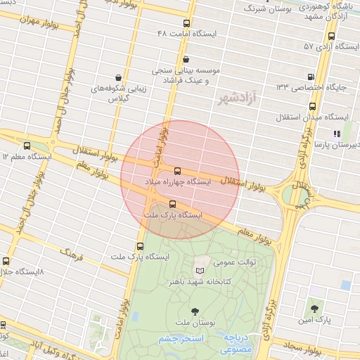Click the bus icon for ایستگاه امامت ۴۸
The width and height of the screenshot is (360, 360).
[x=186, y=24]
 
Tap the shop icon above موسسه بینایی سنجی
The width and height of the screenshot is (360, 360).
[x=186, y=60]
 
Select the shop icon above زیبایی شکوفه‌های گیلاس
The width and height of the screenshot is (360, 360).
[x=118, y=78]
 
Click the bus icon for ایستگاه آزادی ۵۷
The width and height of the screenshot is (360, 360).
[x=331, y=37]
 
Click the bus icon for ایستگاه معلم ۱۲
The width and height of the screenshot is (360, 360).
[x=27, y=146]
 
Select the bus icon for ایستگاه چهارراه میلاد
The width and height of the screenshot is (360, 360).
[x=176, y=171]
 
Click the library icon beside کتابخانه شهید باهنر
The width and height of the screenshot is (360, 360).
[x=200, y=271]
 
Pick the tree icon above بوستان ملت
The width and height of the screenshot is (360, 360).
[x=195, y=311]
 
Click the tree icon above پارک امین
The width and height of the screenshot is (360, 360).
[x=314, y=309]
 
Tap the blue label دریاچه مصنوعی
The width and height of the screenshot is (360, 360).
[x=237, y=343]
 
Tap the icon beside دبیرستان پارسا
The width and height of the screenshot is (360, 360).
[x=337, y=132]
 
